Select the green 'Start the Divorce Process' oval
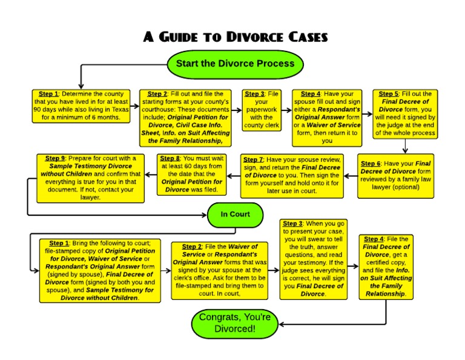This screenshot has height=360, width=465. pyautogui.click(x=235, y=64)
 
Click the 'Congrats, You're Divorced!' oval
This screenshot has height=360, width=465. pyautogui.click(x=235, y=324)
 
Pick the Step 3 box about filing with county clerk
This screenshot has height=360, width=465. pyautogui.click(x=263, y=110)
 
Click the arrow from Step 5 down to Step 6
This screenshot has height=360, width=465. pyautogui.click(x=404, y=146)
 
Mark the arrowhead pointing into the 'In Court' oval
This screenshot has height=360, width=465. pyautogui.click(x=204, y=214)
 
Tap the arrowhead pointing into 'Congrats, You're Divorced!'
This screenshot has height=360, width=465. pyautogui.click(x=282, y=324)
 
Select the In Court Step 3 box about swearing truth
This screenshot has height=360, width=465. pyautogui.click(x=314, y=259)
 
